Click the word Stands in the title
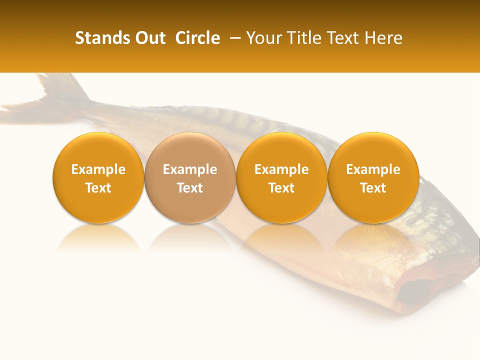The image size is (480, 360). (95, 38)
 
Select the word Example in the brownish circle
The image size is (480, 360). (190, 169)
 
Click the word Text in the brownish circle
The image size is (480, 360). (190, 188)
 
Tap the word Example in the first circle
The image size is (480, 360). (98, 169)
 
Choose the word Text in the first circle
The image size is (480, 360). (98, 188)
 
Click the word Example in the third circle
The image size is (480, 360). (281, 169)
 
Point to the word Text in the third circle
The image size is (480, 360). (281, 188)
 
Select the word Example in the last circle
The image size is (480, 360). (373, 169)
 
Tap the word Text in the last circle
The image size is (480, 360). (373, 188)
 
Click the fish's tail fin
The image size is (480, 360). (55, 95)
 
